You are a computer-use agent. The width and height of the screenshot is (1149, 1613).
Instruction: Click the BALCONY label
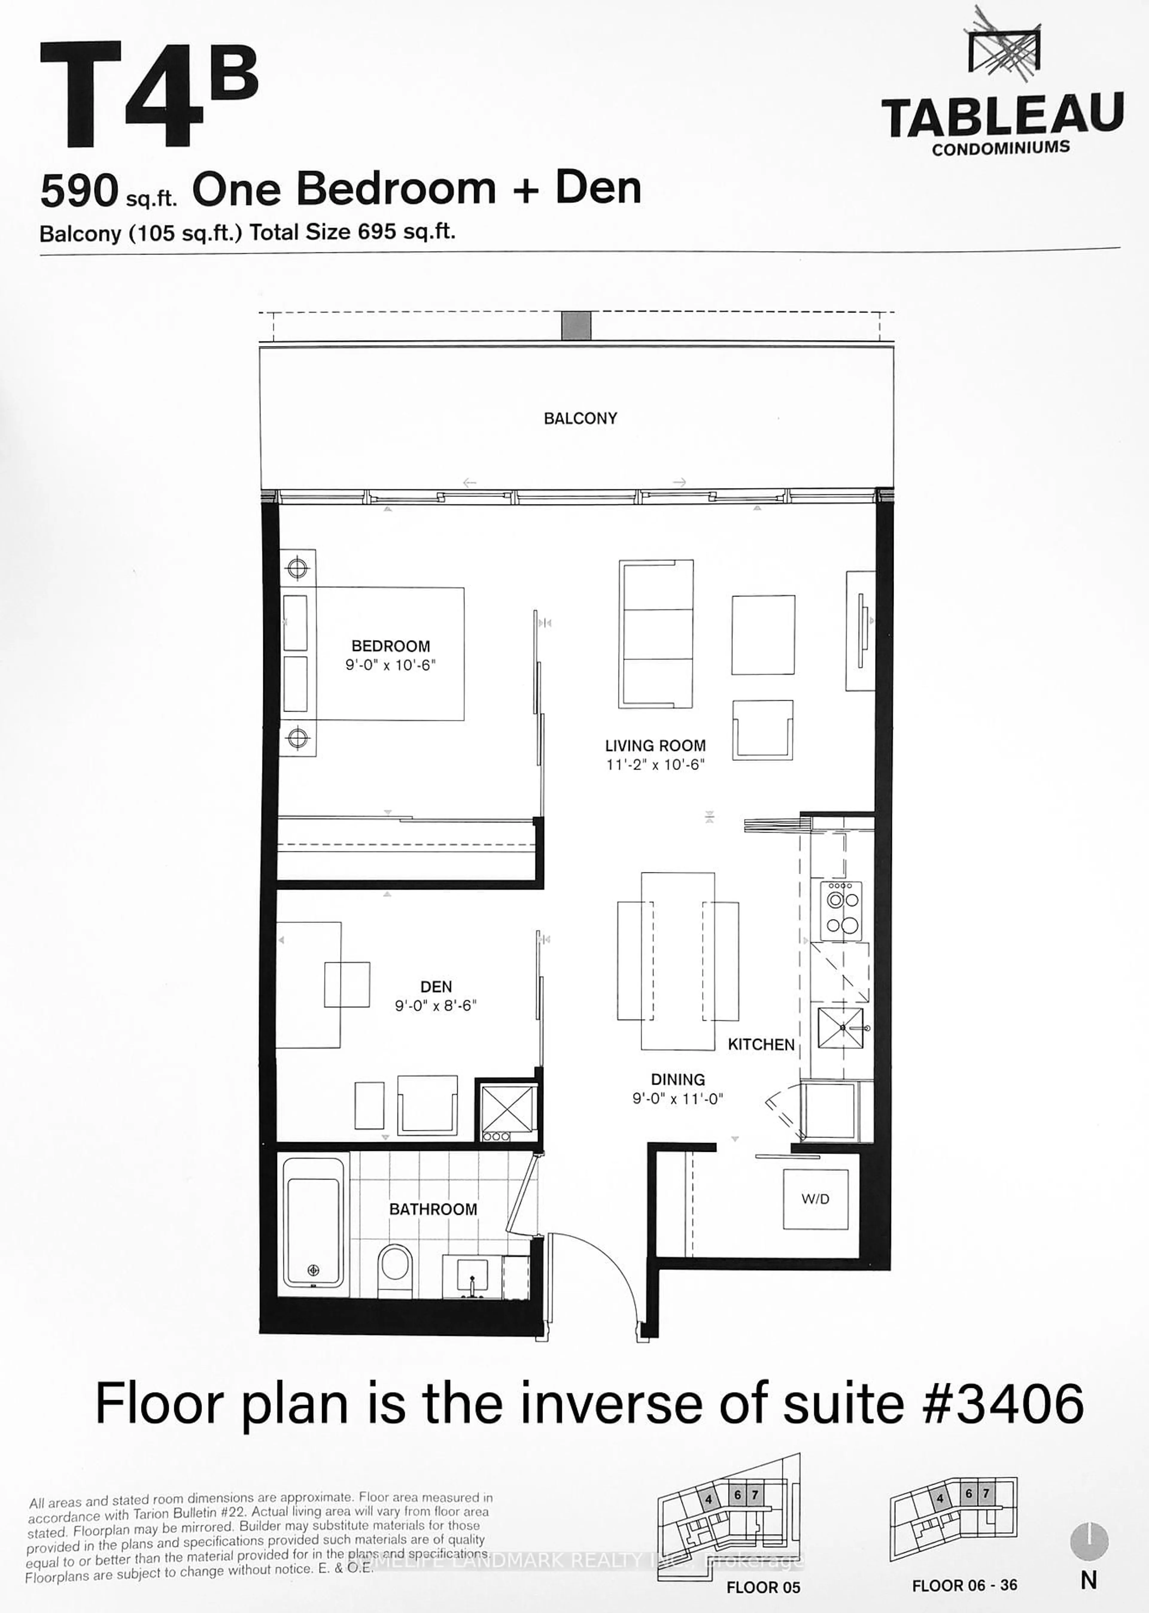coord(580,418)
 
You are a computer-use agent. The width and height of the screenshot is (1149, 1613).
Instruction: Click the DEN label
coord(436,987)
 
